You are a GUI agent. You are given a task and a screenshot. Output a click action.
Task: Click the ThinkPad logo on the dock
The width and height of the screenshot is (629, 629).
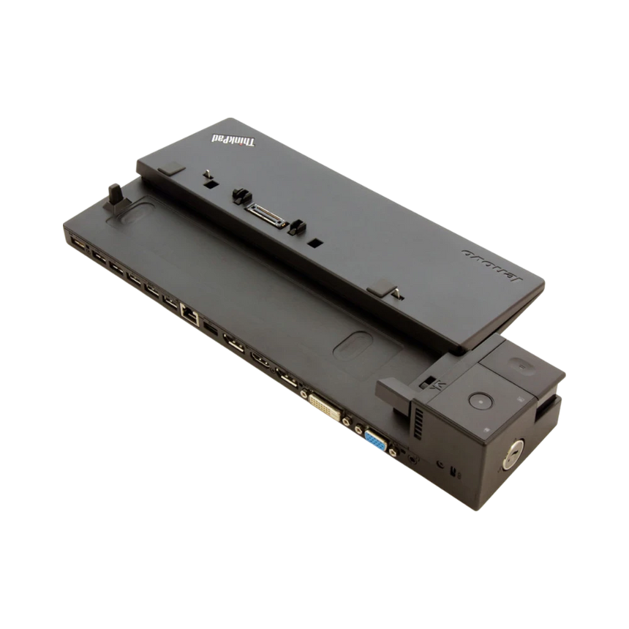click(x=239, y=138)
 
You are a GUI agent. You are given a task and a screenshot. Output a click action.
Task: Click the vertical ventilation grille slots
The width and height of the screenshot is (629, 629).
click(x=418, y=423)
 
